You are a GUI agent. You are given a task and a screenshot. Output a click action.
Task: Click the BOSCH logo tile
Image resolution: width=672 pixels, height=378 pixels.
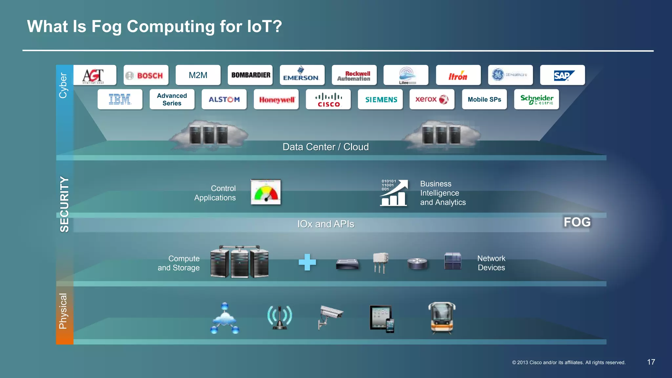point(146,75)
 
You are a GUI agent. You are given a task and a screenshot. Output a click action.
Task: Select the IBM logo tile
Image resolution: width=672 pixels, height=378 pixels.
point(120,99)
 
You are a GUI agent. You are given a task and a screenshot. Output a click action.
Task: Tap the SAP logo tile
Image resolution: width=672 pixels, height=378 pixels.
point(562,75)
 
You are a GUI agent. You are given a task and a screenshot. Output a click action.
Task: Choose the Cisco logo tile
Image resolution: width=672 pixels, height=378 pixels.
point(328,99)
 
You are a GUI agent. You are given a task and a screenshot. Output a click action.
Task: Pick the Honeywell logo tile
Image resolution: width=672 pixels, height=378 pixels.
point(276,99)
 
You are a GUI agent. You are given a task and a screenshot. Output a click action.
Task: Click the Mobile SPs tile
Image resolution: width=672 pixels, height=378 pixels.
point(484,99)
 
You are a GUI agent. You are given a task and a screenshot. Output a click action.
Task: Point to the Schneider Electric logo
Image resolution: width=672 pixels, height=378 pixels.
point(536,99)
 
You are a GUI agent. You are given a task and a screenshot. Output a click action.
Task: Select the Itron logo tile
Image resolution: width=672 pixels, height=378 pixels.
point(458,75)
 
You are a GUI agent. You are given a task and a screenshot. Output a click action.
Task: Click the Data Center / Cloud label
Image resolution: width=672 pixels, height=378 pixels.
point(325,147)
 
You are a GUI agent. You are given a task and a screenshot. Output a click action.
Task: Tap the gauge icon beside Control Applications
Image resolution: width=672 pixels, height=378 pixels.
point(266,192)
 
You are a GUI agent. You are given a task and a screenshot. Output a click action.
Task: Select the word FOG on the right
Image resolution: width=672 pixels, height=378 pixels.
point(577,222)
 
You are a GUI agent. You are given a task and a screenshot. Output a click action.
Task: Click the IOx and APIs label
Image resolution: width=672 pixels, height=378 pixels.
point(325,224)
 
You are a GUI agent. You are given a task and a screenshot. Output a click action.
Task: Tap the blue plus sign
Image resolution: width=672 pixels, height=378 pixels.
point(307,262)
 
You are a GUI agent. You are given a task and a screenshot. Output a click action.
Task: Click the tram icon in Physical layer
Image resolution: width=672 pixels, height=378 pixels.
point(442,317)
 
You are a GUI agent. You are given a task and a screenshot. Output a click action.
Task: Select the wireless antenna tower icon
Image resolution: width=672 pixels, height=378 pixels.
point(279,317)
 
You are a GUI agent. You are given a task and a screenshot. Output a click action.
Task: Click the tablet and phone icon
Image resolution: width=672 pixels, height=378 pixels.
point(382,319)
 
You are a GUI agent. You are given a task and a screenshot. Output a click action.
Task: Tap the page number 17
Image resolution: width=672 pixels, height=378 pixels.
point(651,362)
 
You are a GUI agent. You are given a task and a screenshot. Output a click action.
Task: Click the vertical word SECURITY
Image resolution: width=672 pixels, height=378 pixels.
point(64,204)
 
